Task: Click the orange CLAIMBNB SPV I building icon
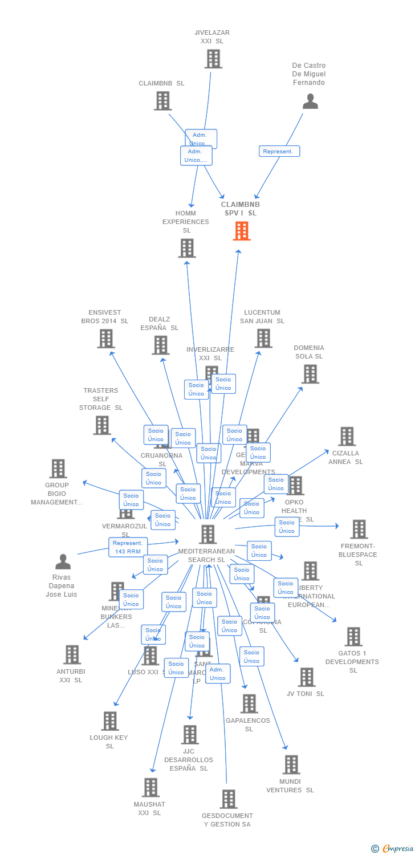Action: tap(242, 231)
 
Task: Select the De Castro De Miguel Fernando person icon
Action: tap(310, 101)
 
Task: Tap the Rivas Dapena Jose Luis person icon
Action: tap(63, 562)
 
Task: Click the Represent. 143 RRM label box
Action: tap(128, 547)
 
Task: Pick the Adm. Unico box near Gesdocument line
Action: tap(218, 674)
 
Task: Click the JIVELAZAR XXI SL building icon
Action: tap(213, 59)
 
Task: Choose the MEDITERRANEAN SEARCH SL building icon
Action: tap(207, 534)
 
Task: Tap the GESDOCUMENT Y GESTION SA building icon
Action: tap(229, 799)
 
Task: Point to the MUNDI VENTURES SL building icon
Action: tap(291, 765)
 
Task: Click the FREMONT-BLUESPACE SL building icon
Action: tap(359, 529)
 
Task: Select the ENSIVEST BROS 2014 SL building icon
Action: tap(106, 339)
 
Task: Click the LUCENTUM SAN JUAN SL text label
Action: tap(262, 317)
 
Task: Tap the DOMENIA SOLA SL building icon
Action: tap(310, 374)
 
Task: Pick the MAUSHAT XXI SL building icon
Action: tap(150, 787)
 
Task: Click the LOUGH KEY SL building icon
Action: tap(110, 721)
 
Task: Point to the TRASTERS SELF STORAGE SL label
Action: tap(101, 399)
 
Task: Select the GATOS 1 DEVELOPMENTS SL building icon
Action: tap(353, 637)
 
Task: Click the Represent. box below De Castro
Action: tap(279, 152)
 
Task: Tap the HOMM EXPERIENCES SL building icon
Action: tap(187, 248)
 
